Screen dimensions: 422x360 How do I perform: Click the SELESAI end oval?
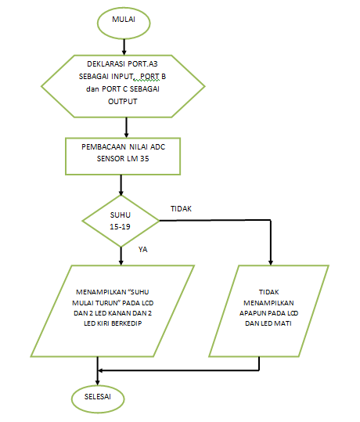[99, 396]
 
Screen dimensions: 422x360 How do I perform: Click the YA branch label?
[142, 250]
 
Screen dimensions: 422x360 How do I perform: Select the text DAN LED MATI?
[268, 323]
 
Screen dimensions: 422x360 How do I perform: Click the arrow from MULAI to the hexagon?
[121, 45]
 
